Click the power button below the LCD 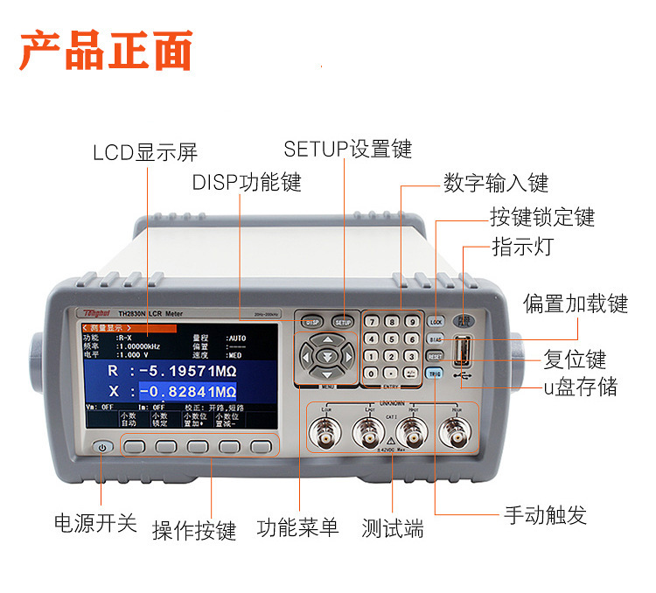[103, 447]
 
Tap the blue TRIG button [435, 373]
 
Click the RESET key [435, 356]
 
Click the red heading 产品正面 [105, 52]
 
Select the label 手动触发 [544, 514]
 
